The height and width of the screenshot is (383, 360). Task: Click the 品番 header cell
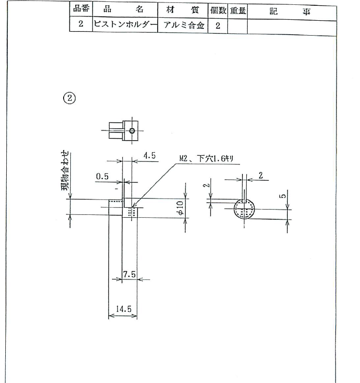81,9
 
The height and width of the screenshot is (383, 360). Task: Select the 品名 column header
125,10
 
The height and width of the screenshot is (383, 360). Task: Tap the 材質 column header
183,10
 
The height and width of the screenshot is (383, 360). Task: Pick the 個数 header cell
218,11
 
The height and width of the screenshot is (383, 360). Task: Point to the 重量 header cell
238,11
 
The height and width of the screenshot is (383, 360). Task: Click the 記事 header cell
292,12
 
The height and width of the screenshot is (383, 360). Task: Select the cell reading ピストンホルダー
125,25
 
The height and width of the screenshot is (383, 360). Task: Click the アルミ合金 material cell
183,25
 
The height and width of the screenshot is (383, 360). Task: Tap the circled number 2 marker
70,98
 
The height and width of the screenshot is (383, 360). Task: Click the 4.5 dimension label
149,156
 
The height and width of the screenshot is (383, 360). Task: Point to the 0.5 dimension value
102,176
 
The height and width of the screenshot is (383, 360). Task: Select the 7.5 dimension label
129,274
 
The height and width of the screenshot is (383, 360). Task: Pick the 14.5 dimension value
123,309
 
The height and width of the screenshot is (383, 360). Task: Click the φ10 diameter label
180,208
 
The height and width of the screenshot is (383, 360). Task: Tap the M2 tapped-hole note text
206,158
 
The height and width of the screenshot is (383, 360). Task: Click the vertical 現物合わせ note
65,170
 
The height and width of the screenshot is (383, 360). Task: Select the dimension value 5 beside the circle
283,196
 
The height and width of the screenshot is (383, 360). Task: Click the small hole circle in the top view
132,131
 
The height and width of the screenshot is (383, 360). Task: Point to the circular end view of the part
244,209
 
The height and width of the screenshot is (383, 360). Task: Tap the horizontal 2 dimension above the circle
261,175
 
